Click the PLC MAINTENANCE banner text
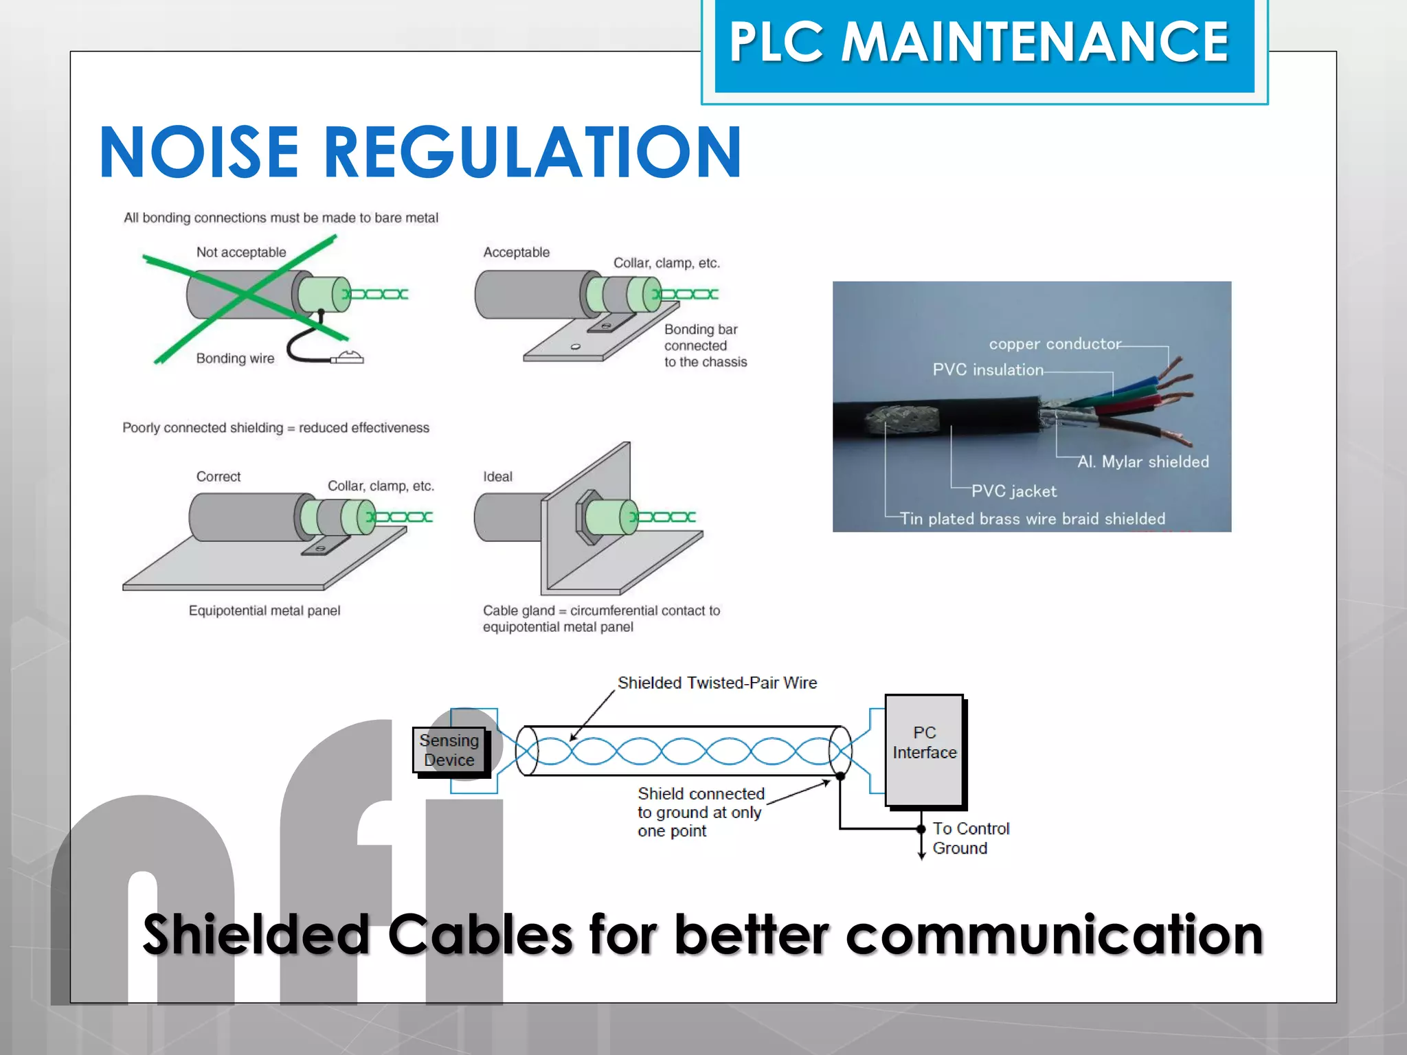[979, 43]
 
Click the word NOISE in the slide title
[199, 152]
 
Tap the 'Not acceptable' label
[241, 252]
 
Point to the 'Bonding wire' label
[235, 359]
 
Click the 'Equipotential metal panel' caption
[264, 611]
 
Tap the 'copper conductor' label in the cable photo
[1055, 344]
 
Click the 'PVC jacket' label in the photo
[1014, 491]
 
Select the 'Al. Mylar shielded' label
[1143, 462]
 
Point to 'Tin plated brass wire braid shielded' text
[1033, 519]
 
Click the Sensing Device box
[449, 750]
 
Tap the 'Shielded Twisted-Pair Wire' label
[717, 683]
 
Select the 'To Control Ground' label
[970, 838]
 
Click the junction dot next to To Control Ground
[921, 829]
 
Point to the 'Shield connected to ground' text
[700, 812]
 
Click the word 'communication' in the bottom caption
[1054, 935]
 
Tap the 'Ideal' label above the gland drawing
[497, 477]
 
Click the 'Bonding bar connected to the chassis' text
[705, 345]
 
